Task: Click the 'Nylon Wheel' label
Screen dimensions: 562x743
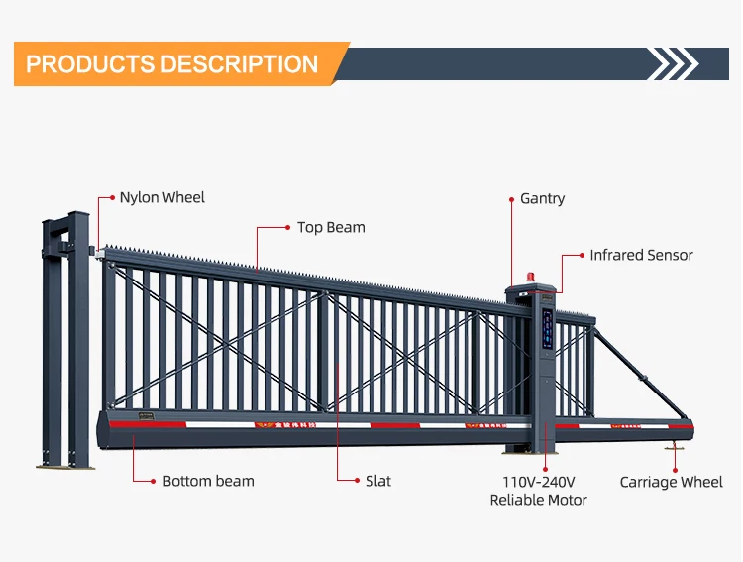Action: [x=161, y=197]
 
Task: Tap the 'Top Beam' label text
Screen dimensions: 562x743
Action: [x=331, y=227]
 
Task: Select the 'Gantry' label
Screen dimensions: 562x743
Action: [x=542, y=198]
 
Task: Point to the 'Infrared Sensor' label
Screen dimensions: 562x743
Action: [x=641, y=255]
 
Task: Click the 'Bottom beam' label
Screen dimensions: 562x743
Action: [x=208, y=481]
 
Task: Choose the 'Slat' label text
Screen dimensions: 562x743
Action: [x=377, y=481]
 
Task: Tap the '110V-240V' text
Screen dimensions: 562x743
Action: [x=539, y=482]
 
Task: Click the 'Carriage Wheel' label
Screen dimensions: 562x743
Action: [x=671, y=482]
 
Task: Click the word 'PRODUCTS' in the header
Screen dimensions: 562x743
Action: [x=89, y=64]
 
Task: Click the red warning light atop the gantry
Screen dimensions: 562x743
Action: [x=513, y=280]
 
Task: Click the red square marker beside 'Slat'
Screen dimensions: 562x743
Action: [x=358, y=481]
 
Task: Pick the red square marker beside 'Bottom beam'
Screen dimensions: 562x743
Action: [x=153, y=481]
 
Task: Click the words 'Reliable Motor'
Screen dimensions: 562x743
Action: [x=539, y=500]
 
